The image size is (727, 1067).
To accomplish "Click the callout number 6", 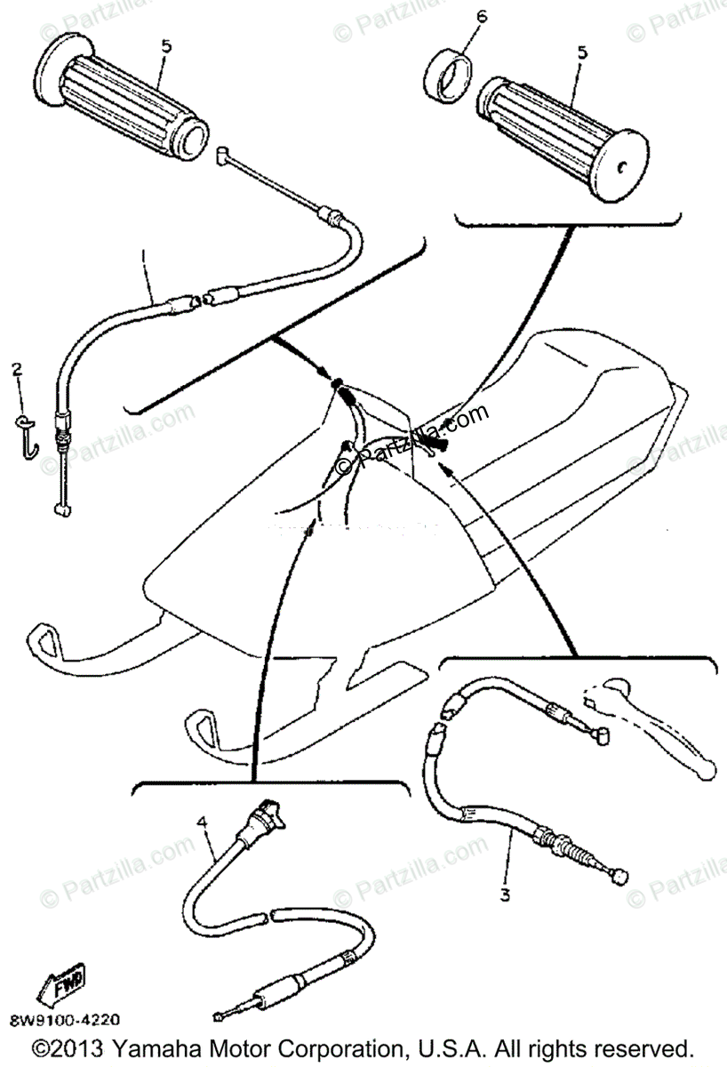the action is pos(482,17).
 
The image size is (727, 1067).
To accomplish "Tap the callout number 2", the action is pos(15,368).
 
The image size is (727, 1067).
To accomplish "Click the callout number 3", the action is pos(505,895).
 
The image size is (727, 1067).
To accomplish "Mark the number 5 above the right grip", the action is pos(582,52).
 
